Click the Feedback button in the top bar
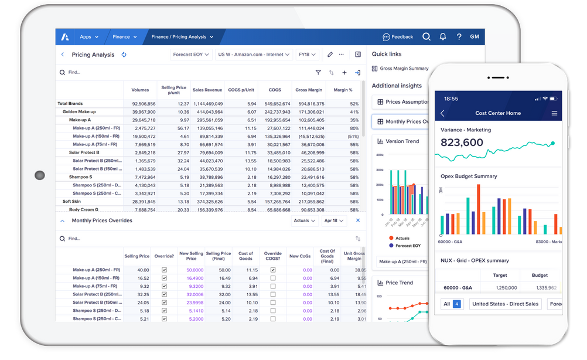pos(398,37)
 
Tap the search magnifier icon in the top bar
pos(426,37)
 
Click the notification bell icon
pos(443,37)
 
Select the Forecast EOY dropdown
pos(191,55)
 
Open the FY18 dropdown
pos(307,55)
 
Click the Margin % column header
pos(343,90)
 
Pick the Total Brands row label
pos(70,104)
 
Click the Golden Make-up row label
pos(79,112)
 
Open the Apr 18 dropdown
pos(334,220)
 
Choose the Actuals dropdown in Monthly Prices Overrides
pos(305,220)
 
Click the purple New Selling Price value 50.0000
pos(194,270)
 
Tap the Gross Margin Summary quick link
pos(404,69)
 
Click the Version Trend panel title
pos(402,141)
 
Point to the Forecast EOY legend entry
pos(408,246)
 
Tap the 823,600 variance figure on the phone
pos(462,142)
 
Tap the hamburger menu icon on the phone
pos(554,113)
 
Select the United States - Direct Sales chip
pos(505,304)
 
